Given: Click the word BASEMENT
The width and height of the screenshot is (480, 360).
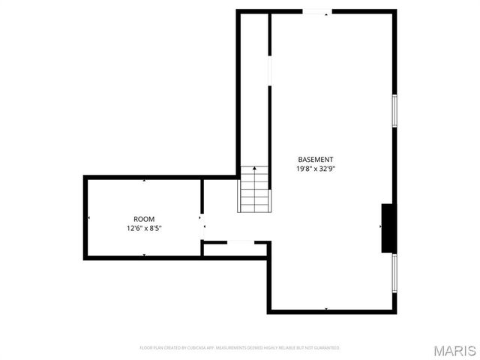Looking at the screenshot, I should tap(315, 159).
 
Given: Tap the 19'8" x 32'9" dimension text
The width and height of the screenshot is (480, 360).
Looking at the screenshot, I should tap(315, 169).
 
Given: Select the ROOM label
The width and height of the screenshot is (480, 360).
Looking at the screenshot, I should tap(144, 219).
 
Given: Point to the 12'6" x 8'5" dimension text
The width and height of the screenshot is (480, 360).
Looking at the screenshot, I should tap(144, 228).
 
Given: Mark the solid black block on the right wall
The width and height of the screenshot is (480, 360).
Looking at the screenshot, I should tap(388, 228).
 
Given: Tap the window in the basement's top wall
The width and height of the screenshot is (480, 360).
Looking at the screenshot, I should tap(316, 11).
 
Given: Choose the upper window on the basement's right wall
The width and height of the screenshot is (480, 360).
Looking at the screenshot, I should tap(394, 111).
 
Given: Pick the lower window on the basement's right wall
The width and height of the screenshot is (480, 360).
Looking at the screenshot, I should tap(394, 273).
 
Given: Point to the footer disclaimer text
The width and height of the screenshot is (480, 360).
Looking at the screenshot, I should tap(240, 348).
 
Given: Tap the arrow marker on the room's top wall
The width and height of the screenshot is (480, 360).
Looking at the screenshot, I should tap(144, 180).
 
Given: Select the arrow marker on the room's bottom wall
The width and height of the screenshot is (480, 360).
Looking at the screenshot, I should tap(144, 256).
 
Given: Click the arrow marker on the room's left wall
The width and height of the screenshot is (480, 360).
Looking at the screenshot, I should tap(88, 218).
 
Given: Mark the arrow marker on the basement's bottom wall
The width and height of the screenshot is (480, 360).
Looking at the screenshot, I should tap(325, 309).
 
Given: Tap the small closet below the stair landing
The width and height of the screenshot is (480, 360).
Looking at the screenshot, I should tap(235, 249).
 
